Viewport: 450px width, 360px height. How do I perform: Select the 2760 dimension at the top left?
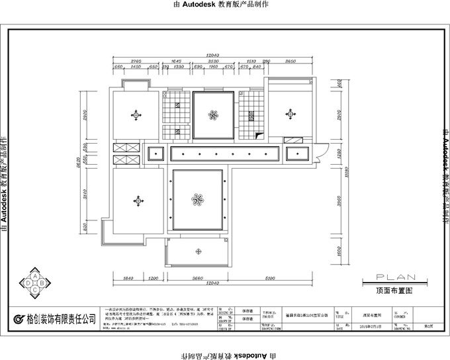pos(137,61)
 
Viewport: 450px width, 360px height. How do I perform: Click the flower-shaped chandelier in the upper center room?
pos(213,116)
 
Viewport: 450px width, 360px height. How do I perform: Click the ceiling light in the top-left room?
pos(136,115)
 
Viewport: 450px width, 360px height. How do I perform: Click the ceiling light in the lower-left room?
pos(138,200)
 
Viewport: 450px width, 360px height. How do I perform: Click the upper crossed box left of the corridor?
pos(126,148)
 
